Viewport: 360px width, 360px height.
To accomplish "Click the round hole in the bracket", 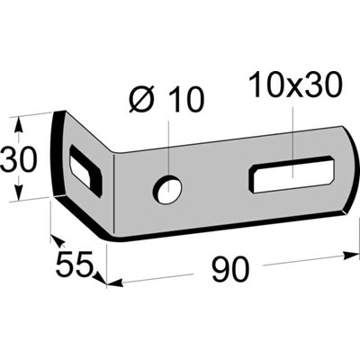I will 167,188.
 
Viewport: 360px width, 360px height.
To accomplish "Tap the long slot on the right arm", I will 293,173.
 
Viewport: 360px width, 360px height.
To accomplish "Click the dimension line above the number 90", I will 225,271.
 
